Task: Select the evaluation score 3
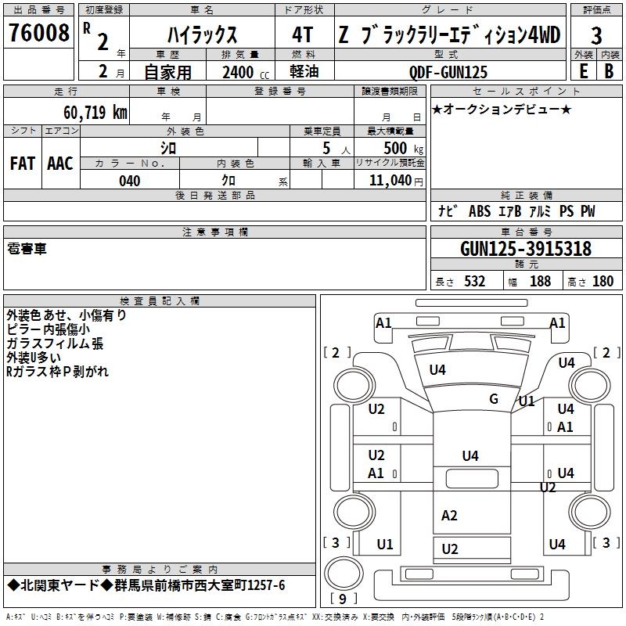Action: point(596,35)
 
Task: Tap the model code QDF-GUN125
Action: point(448,72)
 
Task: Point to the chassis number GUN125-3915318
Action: point(526,250)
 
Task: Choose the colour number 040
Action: point(129,181)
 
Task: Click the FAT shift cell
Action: point(22,164)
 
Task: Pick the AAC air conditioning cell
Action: point(60,164)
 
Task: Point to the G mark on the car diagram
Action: point(494,399)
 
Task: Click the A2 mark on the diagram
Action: point(449,516)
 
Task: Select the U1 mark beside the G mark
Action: point(527,401)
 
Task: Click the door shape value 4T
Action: point(303,35)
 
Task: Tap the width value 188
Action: point(540,282)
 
